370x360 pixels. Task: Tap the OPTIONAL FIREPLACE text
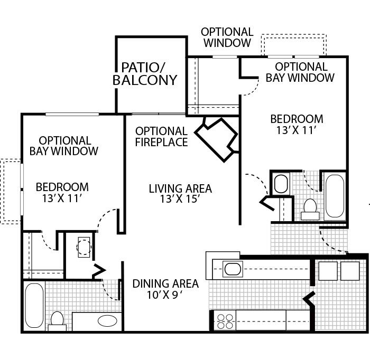point(161,136)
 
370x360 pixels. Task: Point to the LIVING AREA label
point(180,188)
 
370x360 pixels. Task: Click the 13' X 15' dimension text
point(180,200)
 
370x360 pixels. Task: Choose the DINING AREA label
point(165,284)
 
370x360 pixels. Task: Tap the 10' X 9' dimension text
point(165,295)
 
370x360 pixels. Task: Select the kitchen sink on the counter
point(233,269)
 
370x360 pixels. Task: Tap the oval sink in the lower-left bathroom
point(108,320)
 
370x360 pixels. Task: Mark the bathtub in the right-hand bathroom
point(334,195)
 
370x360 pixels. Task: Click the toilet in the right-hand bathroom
point(310,208)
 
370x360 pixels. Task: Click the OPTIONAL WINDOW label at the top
point(227,37)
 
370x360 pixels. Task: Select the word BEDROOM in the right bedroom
point(297,119)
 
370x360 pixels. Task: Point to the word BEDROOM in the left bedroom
point(62,187)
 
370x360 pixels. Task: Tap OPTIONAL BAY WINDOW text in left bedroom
point(64,146)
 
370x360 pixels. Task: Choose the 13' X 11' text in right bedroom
point(297,130)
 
